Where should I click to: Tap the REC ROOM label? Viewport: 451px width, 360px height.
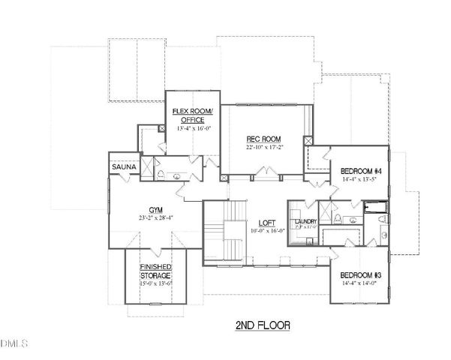click(263, 139)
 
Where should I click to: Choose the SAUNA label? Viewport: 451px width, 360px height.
click(122, 166)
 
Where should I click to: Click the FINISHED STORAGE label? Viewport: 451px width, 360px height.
click(155, 271)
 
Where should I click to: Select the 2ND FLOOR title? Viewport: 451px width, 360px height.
click(258, 325)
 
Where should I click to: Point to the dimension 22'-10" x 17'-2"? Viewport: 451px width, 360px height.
click(263, 148)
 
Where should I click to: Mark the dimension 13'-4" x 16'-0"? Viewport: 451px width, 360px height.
click(193, 128)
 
